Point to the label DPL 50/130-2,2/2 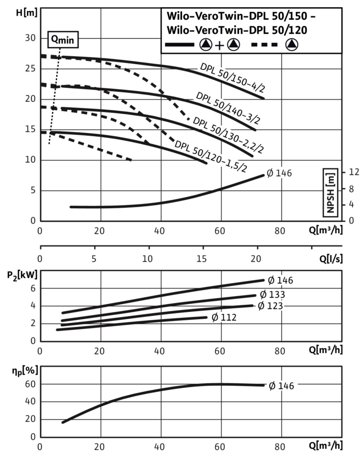coord(228,135)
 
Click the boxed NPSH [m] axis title coord(330,192)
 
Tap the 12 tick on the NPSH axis coord(354,172)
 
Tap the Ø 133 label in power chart coord(272,294)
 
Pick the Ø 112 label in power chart coord(224,317)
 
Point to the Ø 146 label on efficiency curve coord(281,385)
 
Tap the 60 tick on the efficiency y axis coord(30,384)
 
